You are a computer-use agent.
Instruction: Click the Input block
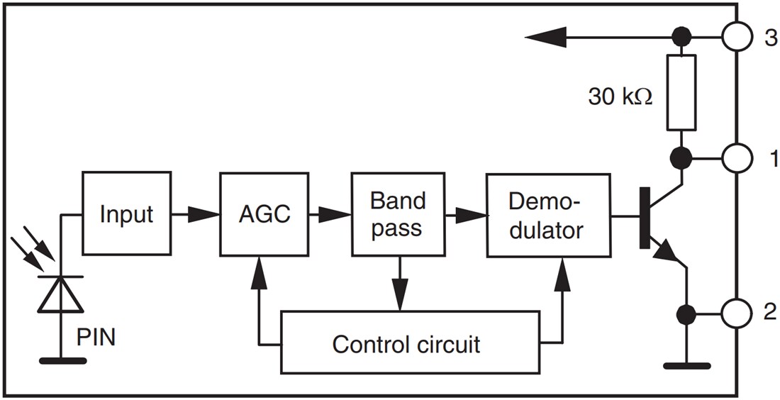coord(126,213)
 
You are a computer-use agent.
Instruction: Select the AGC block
coord(264,213)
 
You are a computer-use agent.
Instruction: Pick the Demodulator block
coord(548,215)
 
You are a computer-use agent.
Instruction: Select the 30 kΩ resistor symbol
coord(681,92)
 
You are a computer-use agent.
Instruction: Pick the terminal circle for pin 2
coord(737,312)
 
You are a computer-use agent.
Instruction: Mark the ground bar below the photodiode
coord(62,360)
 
